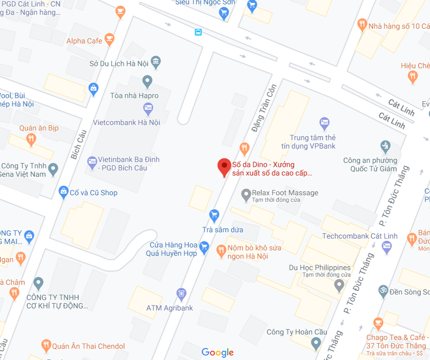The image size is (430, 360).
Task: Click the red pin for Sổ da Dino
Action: click(224, 167)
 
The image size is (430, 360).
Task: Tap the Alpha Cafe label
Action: click(84, 41)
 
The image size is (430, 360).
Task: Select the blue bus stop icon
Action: click(198, 32)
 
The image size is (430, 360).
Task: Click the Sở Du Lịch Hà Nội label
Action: click(119, 64)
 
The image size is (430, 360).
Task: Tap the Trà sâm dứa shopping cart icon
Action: click(214, 215)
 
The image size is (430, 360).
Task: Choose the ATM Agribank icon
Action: click(181, 293)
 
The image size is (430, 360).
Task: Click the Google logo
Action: click(218, 352)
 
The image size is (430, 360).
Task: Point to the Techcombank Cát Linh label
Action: click(360, 236)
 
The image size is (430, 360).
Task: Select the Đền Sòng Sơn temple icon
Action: click(382, 291)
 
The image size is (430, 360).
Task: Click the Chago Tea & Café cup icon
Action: click(378, 323)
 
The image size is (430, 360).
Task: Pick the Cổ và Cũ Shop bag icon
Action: click(64, 192)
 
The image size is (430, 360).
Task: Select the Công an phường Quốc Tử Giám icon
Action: click(385, 146)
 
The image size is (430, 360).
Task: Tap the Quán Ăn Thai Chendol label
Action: click(88, 346)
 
